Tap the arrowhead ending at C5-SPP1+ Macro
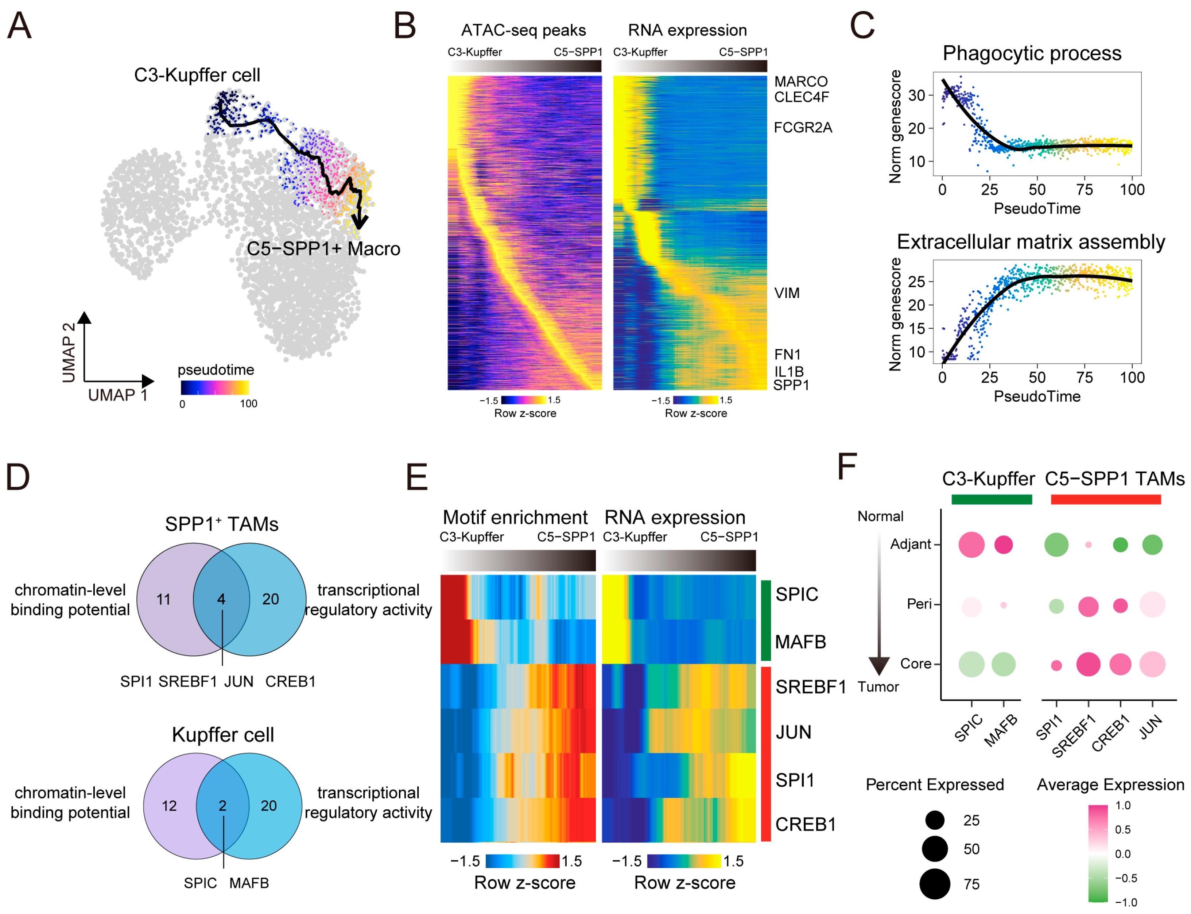click(x=360, y=221)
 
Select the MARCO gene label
click(x=800, y=82)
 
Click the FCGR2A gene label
click(x=803, y=127)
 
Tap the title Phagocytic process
click(x=1032, y=53)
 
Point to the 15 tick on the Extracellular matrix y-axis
click(x=917, y=329)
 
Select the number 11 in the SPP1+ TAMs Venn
click(x=164, y=600)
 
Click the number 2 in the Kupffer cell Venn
click(x=222, y=806)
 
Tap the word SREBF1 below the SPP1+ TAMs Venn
click(x=188, y=682)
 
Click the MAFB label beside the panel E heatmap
click(x=800, y=642)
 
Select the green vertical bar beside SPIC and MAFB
click(x=766, y=620)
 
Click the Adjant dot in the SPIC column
click(x=971, y=545)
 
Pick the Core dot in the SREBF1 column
click(x=1088, y=664)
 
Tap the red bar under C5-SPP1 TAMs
click(x=1106, y=499)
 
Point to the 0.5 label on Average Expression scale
click(x=1122, y=830)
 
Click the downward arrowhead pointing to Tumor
click(x=879, y=665)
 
